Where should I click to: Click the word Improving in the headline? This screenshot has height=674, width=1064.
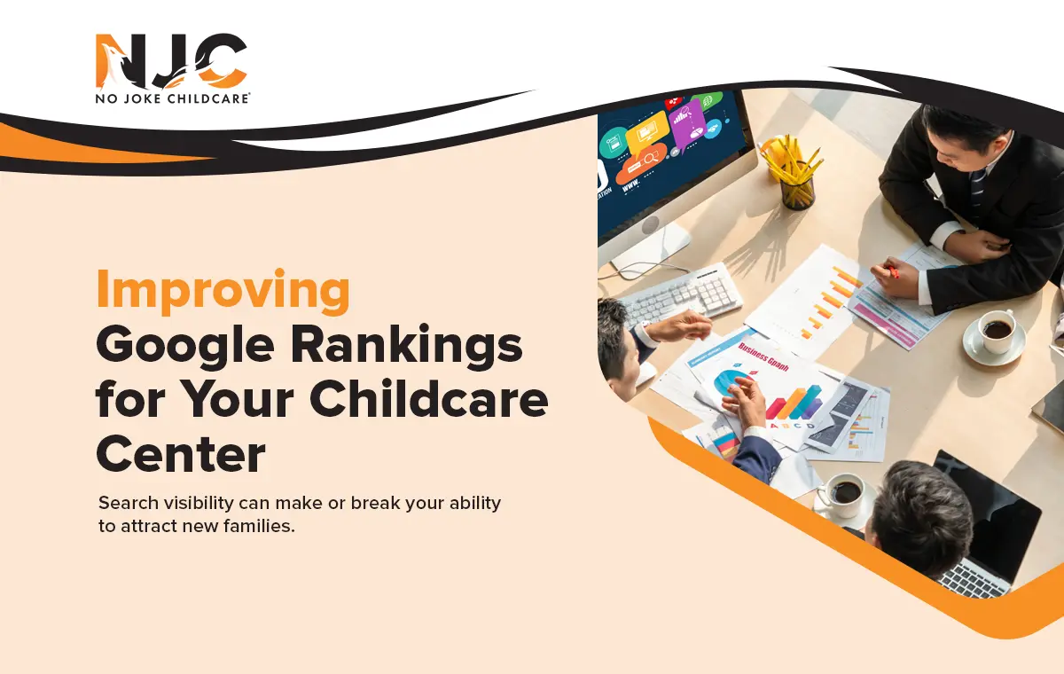223,292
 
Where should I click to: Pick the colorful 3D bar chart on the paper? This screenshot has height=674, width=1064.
793,404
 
